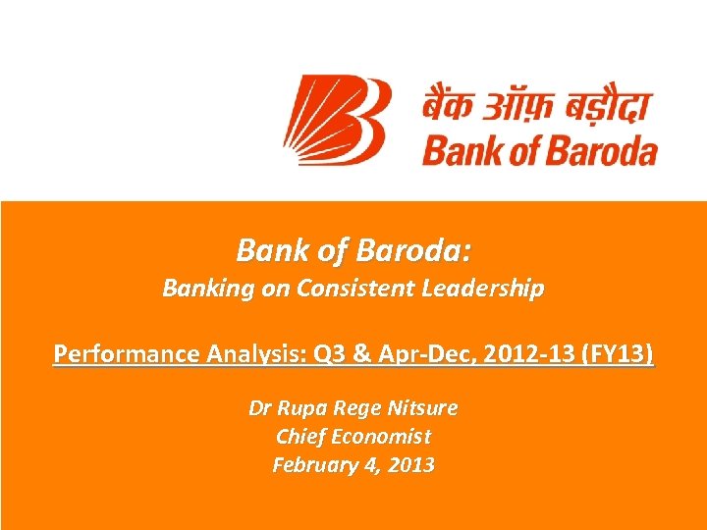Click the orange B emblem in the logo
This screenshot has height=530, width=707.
pyautogui.click(x=339, y=121)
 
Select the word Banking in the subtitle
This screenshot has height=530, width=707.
pyautogui.click(x=201, y=290)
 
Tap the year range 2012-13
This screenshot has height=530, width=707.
pyautogui.click(x=497, y=353)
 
